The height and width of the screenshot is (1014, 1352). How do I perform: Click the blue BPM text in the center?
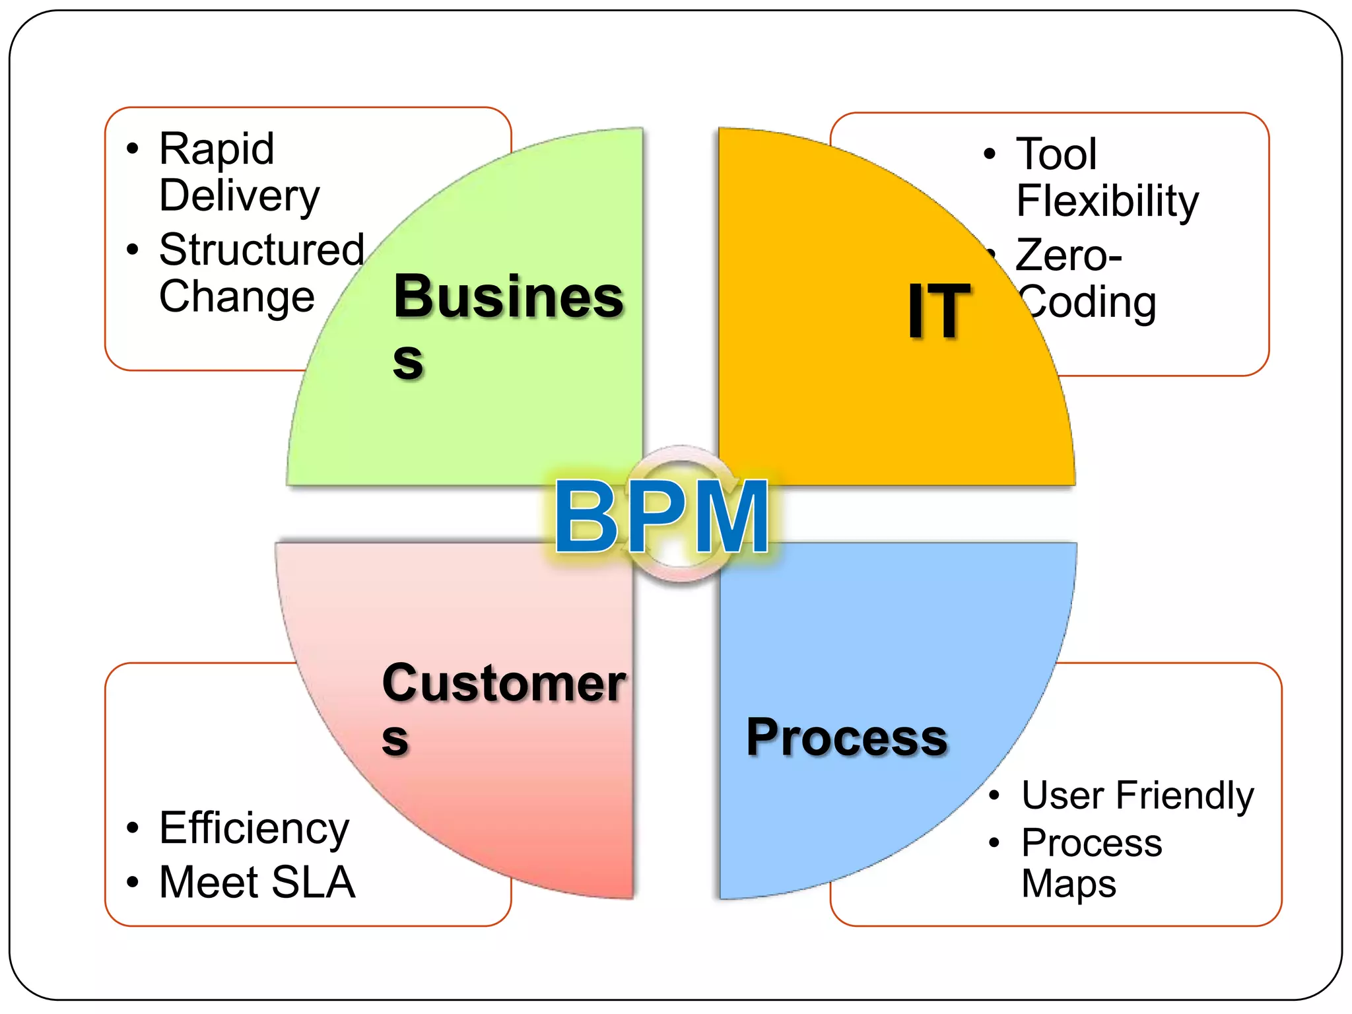pyautogui.click(x=661, y=516)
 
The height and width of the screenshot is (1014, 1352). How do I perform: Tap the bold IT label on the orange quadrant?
pyautogui.click(x=938, y=311)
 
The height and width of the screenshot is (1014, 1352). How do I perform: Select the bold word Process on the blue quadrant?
pyautogui.click(x=846, y=737)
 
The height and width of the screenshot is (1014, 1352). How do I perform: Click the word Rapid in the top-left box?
pyautogui.click(x=217, y=149)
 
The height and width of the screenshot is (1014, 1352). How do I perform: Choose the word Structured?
pyautogui.click(x=261, y=250)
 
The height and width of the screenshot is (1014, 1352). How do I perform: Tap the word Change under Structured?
pyautogui.click(x=236, y=296)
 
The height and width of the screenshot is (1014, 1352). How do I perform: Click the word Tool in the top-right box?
pyautogui.click(x=1056, y=154)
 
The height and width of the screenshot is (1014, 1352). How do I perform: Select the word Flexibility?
pyautogui.click(x=1107, y=201)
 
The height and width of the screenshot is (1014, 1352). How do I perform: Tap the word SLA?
pyautogui.click(x=313, y=882)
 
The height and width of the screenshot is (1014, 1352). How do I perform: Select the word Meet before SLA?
pyautogui.click(x=209, y=882)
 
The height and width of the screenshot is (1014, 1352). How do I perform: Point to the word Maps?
pyautogui.click(x=1068, y=883)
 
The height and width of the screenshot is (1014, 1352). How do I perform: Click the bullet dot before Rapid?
pyautogui.click(x=133, y=149)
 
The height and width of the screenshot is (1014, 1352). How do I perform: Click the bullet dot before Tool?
pyautogui.click(x=989, y=154)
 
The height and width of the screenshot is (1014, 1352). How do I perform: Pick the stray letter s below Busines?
pyautogui.click(x=407, y=361)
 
